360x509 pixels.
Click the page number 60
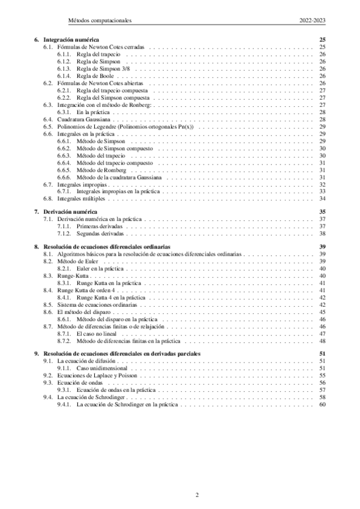pos(322,404)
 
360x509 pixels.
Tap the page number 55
pos(322,375)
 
